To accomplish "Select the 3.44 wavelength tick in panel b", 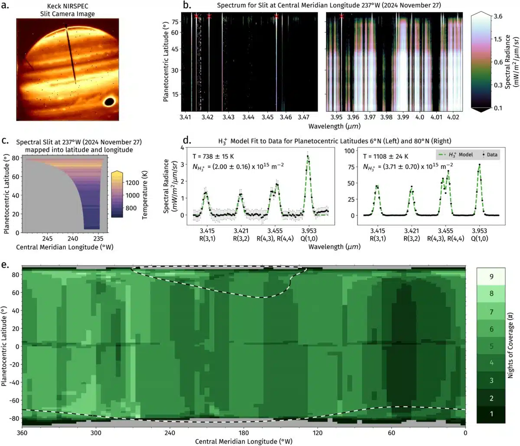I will click(x=248, y=117).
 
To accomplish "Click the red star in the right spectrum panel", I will click(x=342, y=16).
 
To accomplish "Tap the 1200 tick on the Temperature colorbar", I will click(x=133, y=183).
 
